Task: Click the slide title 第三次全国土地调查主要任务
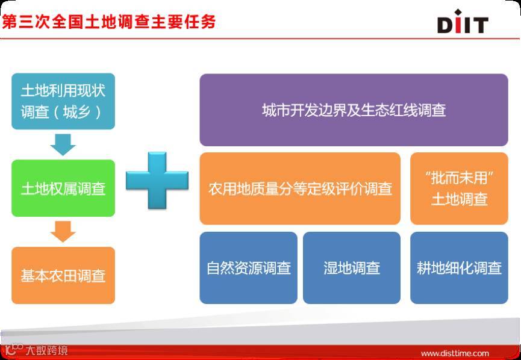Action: (x=108, y=22)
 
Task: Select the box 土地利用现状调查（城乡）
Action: (x=63, y=101)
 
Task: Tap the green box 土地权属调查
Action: (x=63, y=188)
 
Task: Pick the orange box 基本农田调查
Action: (x=63, y=275)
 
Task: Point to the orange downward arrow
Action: (x=63, y=232)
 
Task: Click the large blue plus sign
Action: (x=157, y=181)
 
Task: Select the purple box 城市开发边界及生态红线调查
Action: (x=354, y=110)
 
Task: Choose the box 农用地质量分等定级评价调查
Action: (x=300, y=188)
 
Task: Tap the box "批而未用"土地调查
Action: (x=459, y=188)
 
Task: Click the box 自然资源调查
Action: (x=249, y=268)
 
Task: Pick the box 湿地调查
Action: (x=352, y=268)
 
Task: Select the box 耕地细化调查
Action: (x=459, y=268)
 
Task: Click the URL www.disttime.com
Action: (x=455, y=353)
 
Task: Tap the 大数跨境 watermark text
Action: (x=46, y=350)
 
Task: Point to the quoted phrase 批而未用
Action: (x=459, y=178)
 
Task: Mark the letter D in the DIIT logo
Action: (x=445, y=25)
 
